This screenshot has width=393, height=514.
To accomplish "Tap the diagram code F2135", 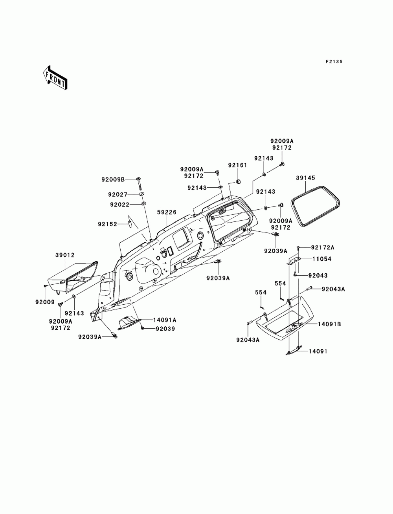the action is click(x=334, y=62).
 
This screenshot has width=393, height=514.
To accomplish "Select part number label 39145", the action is click(x=305, y=178).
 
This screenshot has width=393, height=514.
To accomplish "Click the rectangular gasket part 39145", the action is click(x=315, y=206).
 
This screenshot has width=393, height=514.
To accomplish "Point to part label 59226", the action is click(x=167, y=212).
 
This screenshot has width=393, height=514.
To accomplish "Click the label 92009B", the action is click(x=113, y=179).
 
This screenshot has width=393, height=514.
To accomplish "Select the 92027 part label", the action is click(x=118, y=194).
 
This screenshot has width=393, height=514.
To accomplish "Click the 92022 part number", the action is click(x=120, y=205).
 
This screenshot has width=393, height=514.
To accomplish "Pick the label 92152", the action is click(x=107, y=224).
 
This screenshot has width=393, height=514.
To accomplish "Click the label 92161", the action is click(x=238, y=165).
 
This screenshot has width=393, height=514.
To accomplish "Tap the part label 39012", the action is click(x=65, y=255).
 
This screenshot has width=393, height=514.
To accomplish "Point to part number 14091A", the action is click(x=165, y=320).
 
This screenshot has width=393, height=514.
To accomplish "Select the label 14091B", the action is click(x=329, y=324).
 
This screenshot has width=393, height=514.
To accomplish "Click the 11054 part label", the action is click(x=322, y=259).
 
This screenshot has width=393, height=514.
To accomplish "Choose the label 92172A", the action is click(x=323, y=247).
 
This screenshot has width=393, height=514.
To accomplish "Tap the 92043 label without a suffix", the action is click(x=318, y=275).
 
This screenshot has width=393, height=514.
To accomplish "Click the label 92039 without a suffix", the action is click(x=165, y=329).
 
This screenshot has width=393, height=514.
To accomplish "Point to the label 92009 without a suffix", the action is click(x=45, y=302).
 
